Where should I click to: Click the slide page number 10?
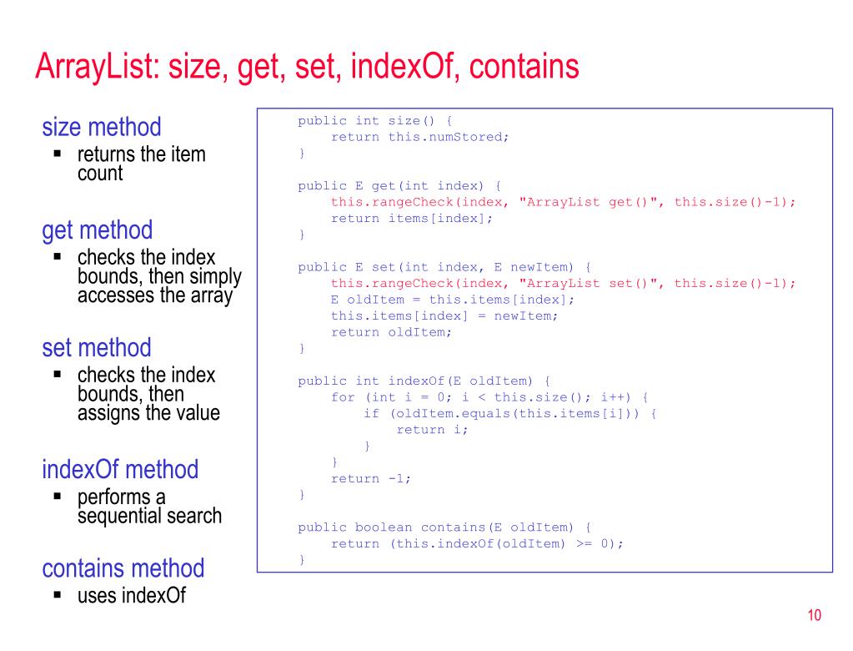pos(814,616)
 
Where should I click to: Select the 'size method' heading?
pos(102,128)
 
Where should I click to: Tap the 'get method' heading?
pos(98,230)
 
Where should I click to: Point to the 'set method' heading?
pos(97,348)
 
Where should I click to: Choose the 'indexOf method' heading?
pos(120,469)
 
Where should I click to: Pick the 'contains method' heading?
pos(123,568)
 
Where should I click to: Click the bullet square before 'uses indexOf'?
pos(58,595)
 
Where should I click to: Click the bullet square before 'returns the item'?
pos(58,154)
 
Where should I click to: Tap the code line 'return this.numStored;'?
pos(419,137)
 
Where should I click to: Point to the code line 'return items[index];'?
pos(412,218)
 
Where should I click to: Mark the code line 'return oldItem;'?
pos(391,332)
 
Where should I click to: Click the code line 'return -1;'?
pos(371,478)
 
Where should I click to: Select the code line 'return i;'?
pos(432,430)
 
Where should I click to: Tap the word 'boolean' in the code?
pos(383,527)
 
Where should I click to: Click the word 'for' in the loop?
pos(343,397)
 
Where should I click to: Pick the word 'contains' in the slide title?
pos(524,67)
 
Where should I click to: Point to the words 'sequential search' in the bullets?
pos(150,516)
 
